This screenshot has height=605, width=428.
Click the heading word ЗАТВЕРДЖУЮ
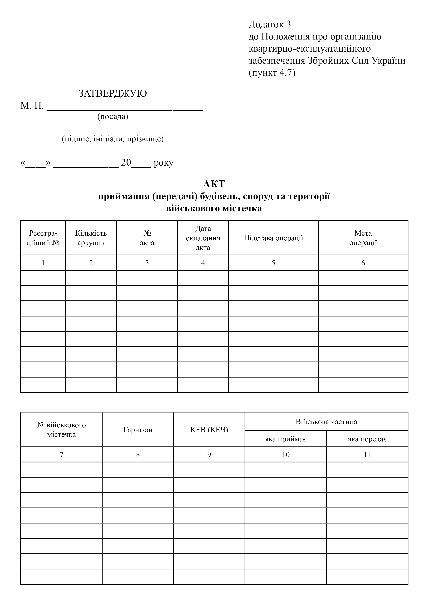[x=112, y=93]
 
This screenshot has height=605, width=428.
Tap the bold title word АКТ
[x=214, y=184]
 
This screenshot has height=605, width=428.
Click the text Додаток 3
[x=270, y=24]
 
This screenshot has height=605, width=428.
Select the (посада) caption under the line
[x=113, y=116]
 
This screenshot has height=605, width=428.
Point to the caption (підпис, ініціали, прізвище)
[x=113, y=139]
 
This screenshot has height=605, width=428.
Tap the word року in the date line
[x=163, y=163]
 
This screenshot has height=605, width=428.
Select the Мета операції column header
[x=363, y=238]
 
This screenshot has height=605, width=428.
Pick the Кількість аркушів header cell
[x=91, y=238]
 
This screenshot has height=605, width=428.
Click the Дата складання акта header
[x=203, y=238]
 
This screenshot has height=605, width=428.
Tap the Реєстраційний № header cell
[x=43, y=238]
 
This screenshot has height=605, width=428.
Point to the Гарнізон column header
[x=138, y=430]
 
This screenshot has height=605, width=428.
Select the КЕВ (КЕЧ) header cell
[x=209, y=430]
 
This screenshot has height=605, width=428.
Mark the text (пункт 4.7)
[x=272, y=73]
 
